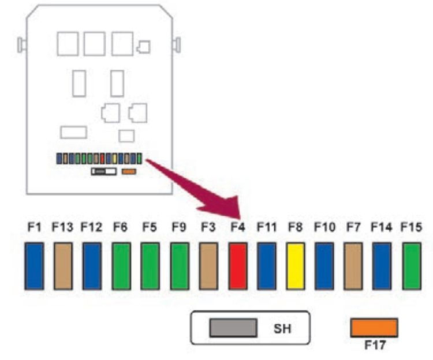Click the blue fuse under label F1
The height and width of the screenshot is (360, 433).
[x=34, y=266]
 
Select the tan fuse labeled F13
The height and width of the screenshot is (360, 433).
[x=63, y=266]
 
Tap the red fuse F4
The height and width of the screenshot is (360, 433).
[x=237, y=266]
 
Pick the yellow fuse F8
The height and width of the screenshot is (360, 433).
[x=295, y=266]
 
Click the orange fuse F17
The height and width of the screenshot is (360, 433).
[x=374, y=328]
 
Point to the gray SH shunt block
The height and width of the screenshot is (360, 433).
[x=233, y=328]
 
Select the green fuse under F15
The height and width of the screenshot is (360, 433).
[x=411, y=266]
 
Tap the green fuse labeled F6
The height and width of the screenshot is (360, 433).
[x=121, y=266]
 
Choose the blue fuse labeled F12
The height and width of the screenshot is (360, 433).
[x=92, y=266]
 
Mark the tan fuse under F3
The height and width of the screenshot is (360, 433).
[x=208, y=266]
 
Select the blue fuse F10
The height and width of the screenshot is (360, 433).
[x=324, y=266]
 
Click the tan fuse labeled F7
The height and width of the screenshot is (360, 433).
[x=353, y=266]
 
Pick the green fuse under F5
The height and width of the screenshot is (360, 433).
[x=150, y=266]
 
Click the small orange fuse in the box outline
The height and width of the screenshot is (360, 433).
[x=128, y=171]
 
